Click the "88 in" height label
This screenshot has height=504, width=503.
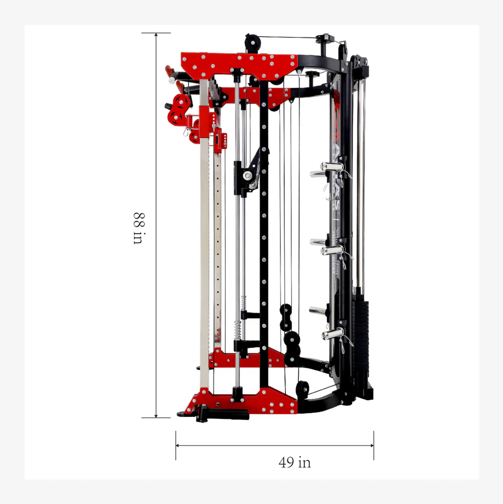pyautogui.click(x=138, y=228)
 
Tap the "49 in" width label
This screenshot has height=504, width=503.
pyautogui.click(x=295, y=462)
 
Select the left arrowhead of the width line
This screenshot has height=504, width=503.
pyautogui.click(x=178, y=446)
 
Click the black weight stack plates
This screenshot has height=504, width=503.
pyautogui.click(x=361, y=327)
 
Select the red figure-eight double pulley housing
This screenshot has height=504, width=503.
pyautogui.click(x=179, y=109)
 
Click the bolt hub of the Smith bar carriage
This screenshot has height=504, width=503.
pyautogui.click(x=247, y=176)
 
